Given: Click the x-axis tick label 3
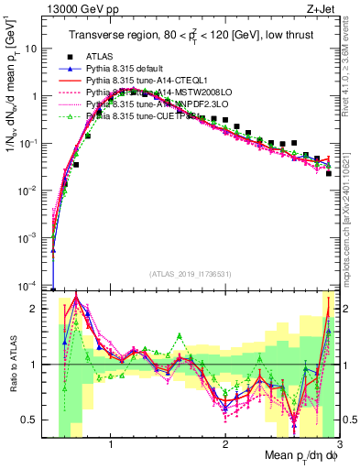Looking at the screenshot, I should pos(338,446).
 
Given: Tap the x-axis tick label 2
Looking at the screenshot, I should pos(225,446).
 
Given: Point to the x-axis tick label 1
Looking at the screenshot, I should pos(111,446).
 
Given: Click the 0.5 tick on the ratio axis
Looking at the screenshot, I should pos(33,420).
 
